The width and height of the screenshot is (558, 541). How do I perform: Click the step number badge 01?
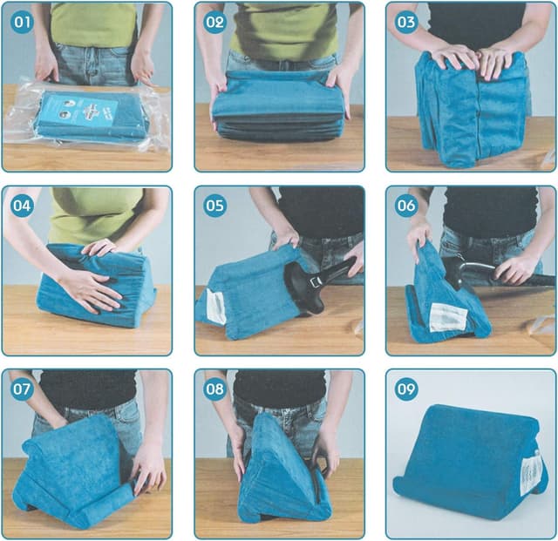[x=23, y=22]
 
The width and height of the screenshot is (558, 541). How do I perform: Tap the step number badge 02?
[x=214, y=22]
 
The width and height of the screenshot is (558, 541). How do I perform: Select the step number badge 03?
[x=406, y=22]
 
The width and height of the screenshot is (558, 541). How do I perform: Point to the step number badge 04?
[x=23, y=206]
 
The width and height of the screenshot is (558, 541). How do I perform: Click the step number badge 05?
[x=214, y=206]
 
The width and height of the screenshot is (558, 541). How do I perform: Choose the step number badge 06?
[x=406, y=206]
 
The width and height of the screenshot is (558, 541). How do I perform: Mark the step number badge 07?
[x=23, y=389]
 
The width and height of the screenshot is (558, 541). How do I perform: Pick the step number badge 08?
[x=214, y=389]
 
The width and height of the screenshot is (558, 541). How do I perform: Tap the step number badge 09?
[x=406, y=389]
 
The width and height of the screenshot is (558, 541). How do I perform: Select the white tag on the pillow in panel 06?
[x=448, y=315]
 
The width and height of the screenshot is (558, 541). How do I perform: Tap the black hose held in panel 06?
[x=506, y=276]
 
